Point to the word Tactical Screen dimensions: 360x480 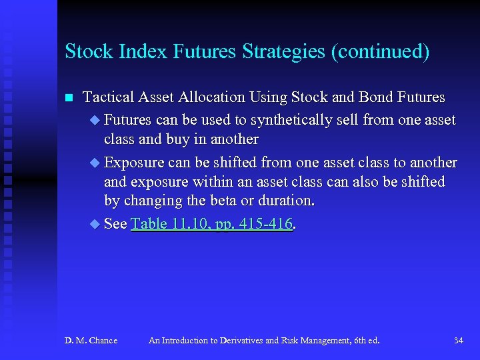tap(108, 97)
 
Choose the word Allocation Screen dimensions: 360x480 tap(213, 97)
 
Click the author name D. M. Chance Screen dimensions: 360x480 tap(91, 341)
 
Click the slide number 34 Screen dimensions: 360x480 tap(458, 341)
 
